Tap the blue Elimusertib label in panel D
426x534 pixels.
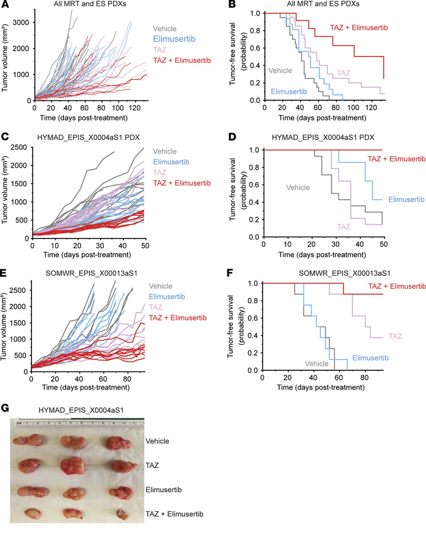[407, 199]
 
